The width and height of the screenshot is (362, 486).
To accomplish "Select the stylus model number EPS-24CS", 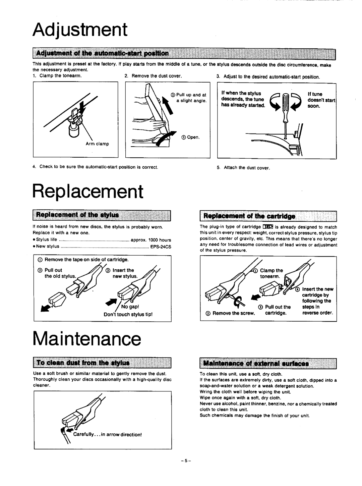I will (x=161, y=247).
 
